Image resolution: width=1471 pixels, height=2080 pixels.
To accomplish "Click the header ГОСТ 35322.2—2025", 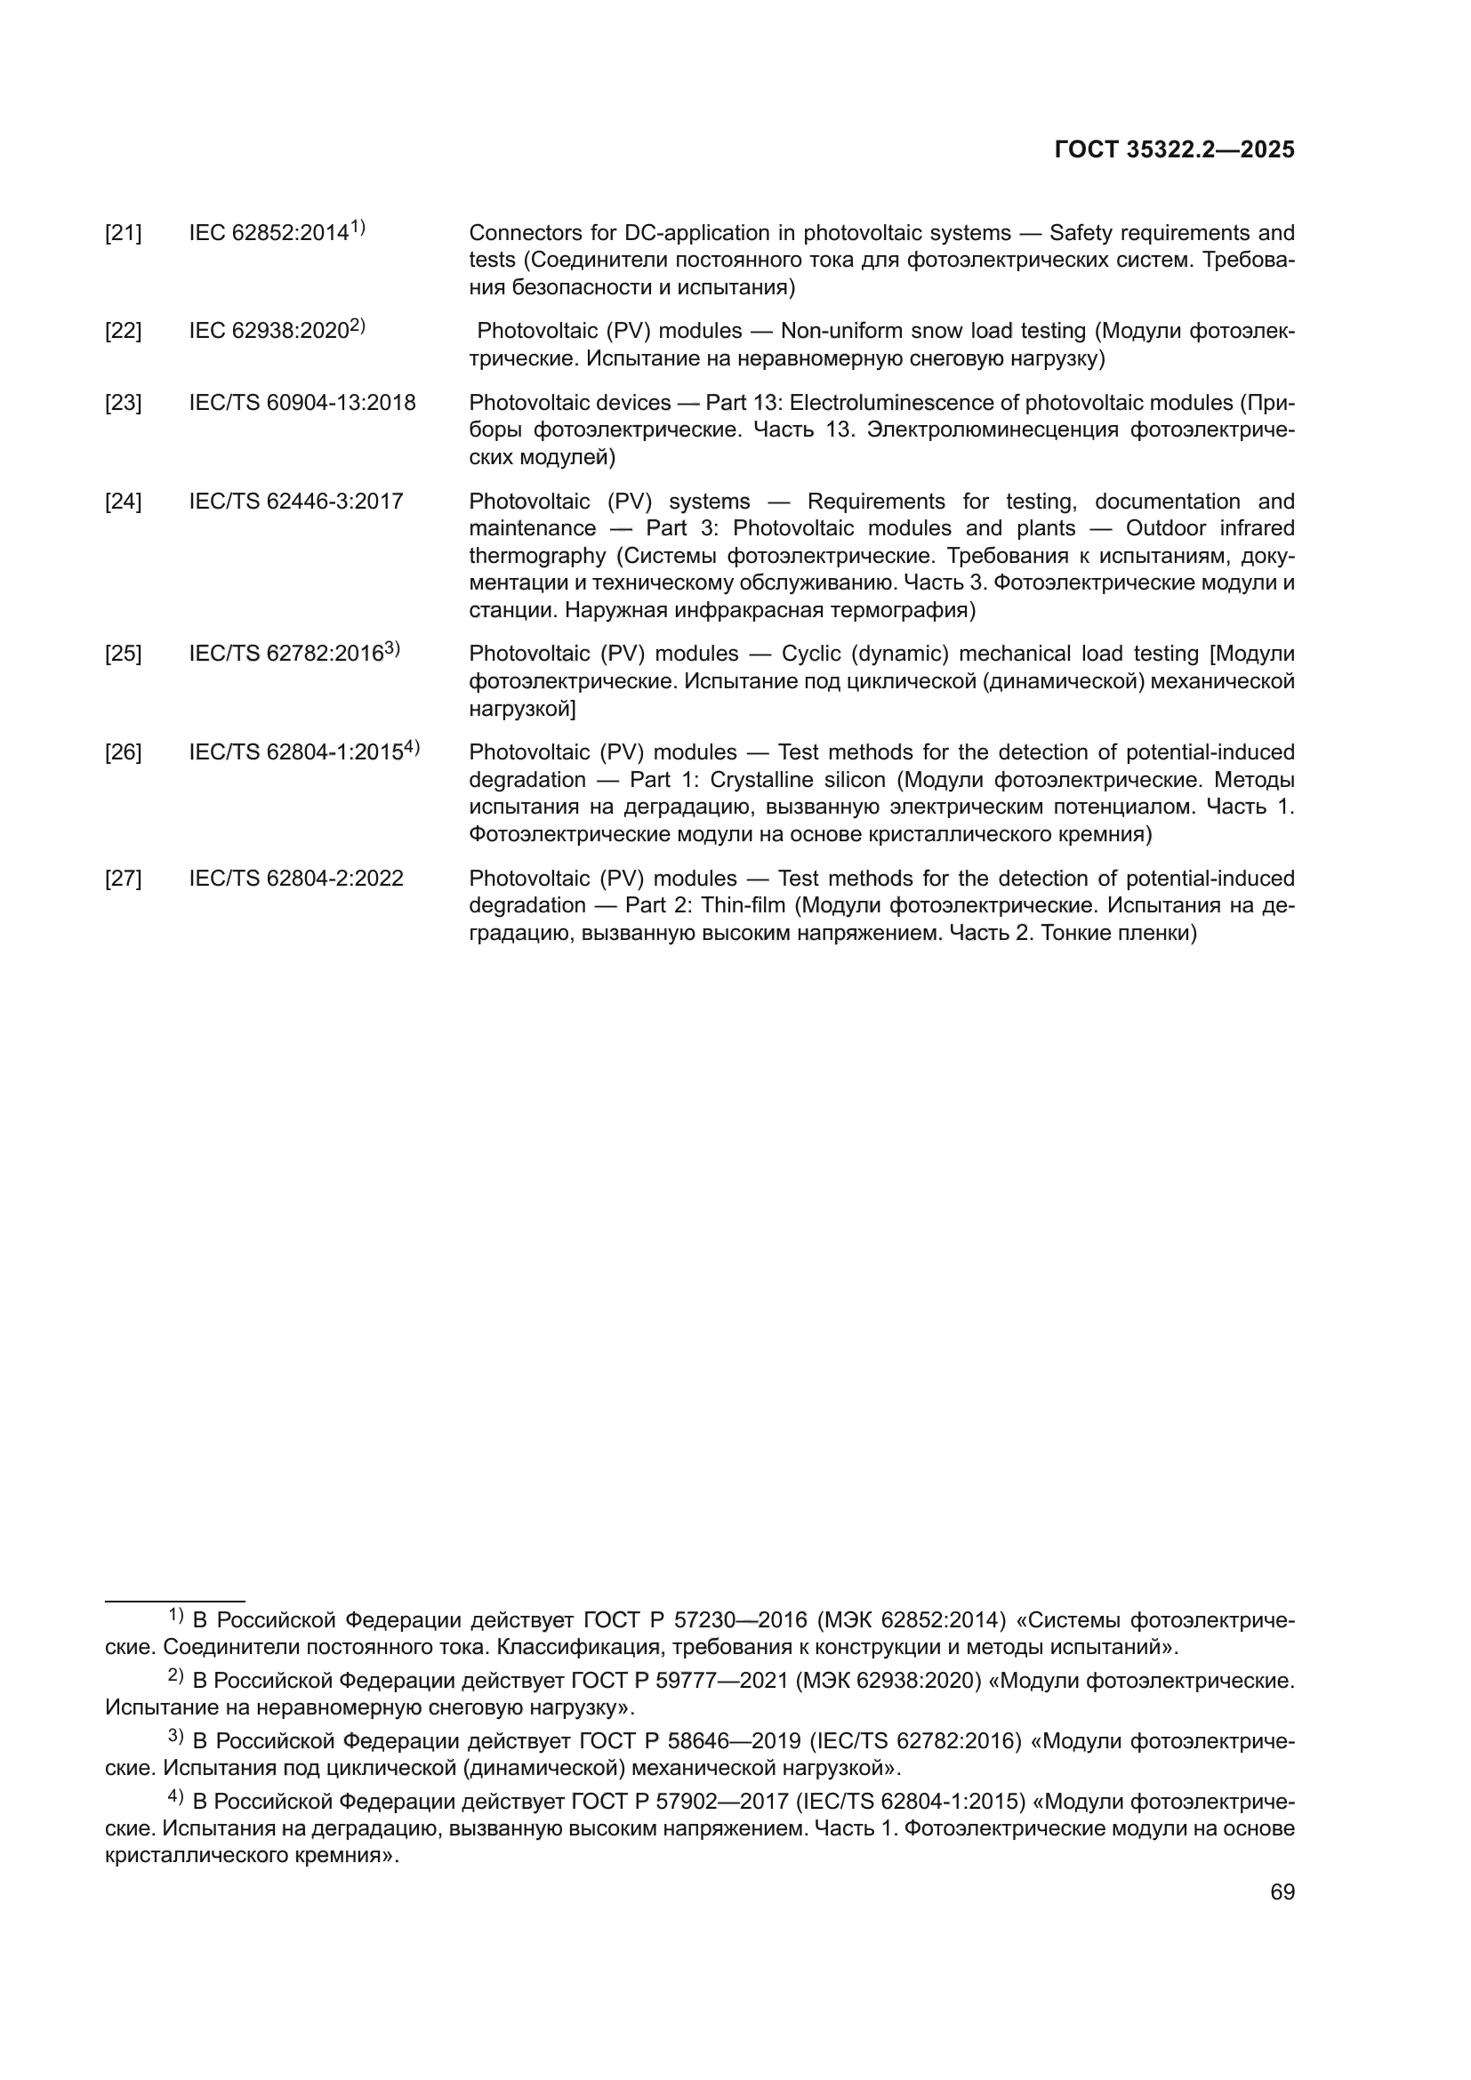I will pos(1174,150).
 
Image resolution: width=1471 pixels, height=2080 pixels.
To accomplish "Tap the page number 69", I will pos(1282,1891).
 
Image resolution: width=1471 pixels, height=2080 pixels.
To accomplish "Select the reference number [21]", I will pos(124,234).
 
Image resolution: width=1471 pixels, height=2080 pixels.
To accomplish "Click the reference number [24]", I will pos(124,502).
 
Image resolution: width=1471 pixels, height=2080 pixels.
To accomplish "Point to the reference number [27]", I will pos(124,879).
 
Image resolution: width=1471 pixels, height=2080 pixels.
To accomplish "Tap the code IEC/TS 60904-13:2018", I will pos(302,403).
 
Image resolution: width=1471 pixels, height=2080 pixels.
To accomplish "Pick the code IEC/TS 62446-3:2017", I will pos(296,502).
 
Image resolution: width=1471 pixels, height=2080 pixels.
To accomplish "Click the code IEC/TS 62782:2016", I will pos(286,655).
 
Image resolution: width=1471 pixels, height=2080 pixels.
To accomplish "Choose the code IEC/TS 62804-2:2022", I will pos(296,879).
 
